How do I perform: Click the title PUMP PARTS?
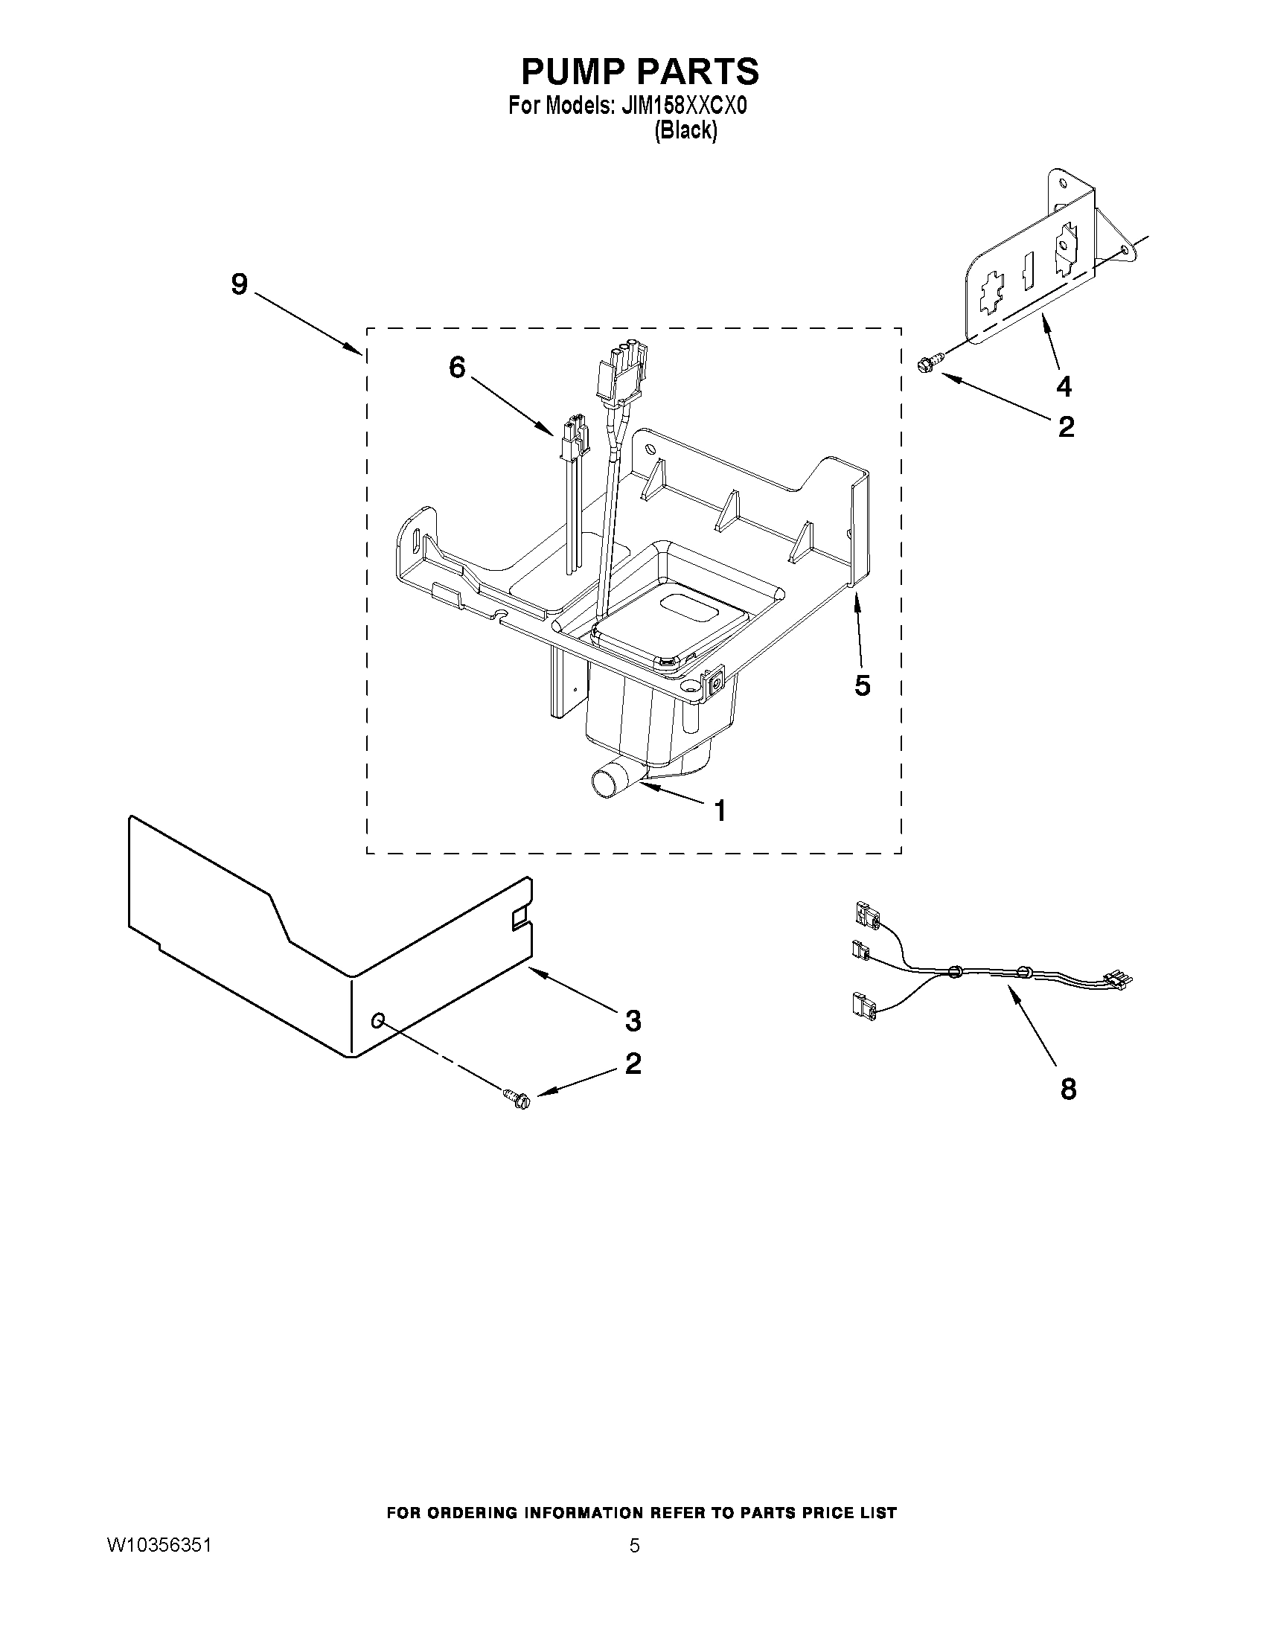click(x=640, y=72)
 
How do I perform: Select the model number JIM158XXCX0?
click(x=683, y=106)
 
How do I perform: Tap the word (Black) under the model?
click(x=685, y=130)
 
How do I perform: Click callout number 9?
click(x=238, y=284)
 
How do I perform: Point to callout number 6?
click(x=457, y=367)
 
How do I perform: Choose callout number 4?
click(x=1064, y=386)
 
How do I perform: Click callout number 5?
click(x=863, y=685)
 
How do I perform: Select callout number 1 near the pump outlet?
click(x=720, y=810)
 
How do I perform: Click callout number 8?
click(x=1068, y=1089)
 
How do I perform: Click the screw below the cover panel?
click(x=517, y=1099)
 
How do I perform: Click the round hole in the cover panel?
click(x=379, y=1020)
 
